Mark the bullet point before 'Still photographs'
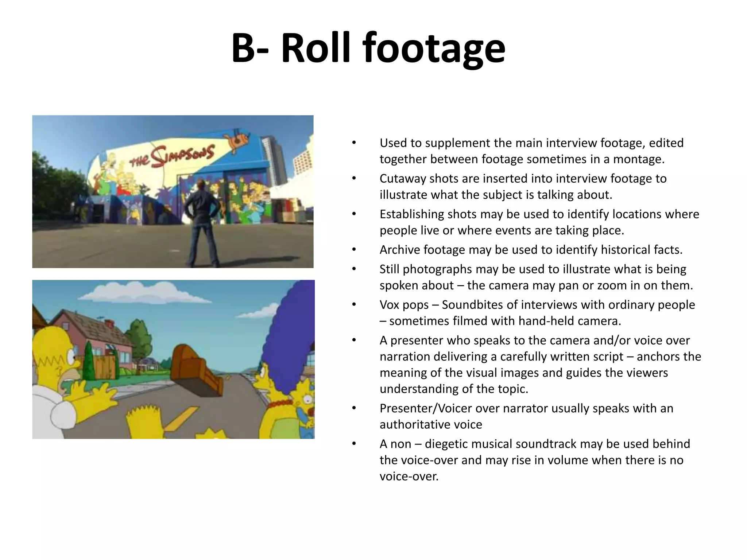[353, 269]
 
